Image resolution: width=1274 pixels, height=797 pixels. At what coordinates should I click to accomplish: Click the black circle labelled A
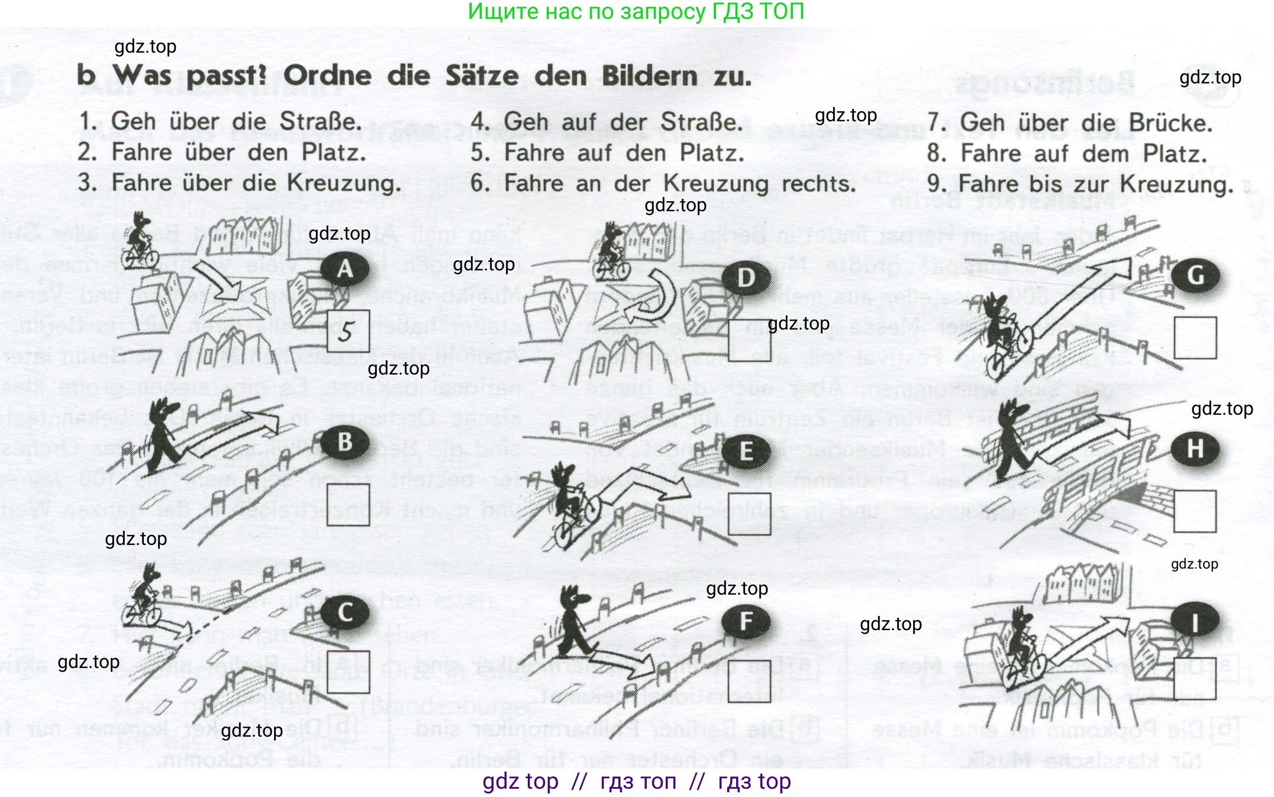[345, 269]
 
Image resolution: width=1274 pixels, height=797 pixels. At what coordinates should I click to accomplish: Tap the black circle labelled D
[746, 278]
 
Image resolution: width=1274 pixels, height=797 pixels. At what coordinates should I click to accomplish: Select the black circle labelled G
[1195, 276]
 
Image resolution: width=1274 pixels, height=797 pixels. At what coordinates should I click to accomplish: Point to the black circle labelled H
[1195, 449]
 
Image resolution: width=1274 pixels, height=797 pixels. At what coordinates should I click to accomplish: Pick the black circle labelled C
[345, 613]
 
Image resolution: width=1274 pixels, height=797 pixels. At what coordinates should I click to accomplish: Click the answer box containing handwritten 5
[348, 331]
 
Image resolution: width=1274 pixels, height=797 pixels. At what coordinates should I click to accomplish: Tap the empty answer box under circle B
[348, 505]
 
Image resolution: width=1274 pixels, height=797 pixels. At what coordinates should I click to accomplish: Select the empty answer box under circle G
[1195, 338]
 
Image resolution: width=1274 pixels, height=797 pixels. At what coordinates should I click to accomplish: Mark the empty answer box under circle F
[749, 681]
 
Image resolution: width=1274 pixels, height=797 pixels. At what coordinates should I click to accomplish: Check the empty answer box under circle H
[1195, 511]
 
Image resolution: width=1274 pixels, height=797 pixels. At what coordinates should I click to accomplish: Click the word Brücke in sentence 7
[1170, 123]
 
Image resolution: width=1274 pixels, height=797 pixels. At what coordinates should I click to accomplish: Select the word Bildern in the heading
[649, 76]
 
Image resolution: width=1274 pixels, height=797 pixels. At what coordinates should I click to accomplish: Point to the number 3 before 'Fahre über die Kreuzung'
[87, 183]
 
